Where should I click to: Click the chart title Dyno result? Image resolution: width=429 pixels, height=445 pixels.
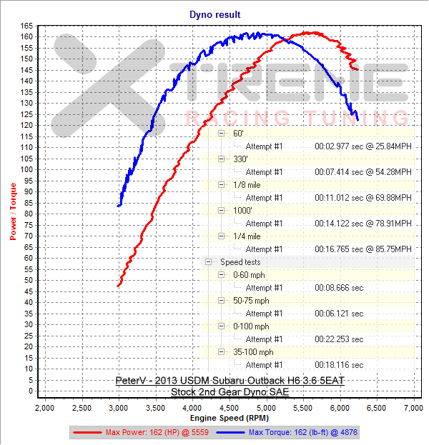pyautogui.click(x=214, y=14)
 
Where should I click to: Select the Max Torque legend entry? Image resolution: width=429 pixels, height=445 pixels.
pyautogui.click(x=300, y=432)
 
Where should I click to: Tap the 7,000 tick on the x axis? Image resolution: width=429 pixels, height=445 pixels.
pyautogui.click(x=413, y=407)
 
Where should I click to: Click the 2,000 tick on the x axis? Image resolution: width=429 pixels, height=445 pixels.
pyautogui.click(x=45, y=407)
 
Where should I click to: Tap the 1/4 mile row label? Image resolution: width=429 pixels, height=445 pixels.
pyautogui.click(x=247, y=236)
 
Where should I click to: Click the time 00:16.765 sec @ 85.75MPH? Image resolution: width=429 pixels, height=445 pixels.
pyautogui.click(x=363, y=249)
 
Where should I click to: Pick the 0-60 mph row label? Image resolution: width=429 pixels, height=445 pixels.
pyautogui.click(x=249, y=275)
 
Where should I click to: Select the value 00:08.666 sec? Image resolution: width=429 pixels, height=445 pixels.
pyautogui.click(x=339, y=288)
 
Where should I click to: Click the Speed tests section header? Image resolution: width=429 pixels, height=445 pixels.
pyautogui.click(x=240, y=262)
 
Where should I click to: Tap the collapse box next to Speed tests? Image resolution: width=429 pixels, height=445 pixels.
pyautogui.click(x=208, y=262)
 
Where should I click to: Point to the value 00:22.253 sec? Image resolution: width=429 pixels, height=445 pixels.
pyautogui.click(x=339, y=339)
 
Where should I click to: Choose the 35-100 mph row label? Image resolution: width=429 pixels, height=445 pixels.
pyautogui.click(x=253, y=352)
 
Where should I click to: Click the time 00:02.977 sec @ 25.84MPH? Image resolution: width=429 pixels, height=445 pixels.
pyautogui.click(x=363, y=146)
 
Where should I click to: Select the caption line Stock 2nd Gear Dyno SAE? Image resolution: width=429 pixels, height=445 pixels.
pyautogui.click(x=229, y=392)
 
